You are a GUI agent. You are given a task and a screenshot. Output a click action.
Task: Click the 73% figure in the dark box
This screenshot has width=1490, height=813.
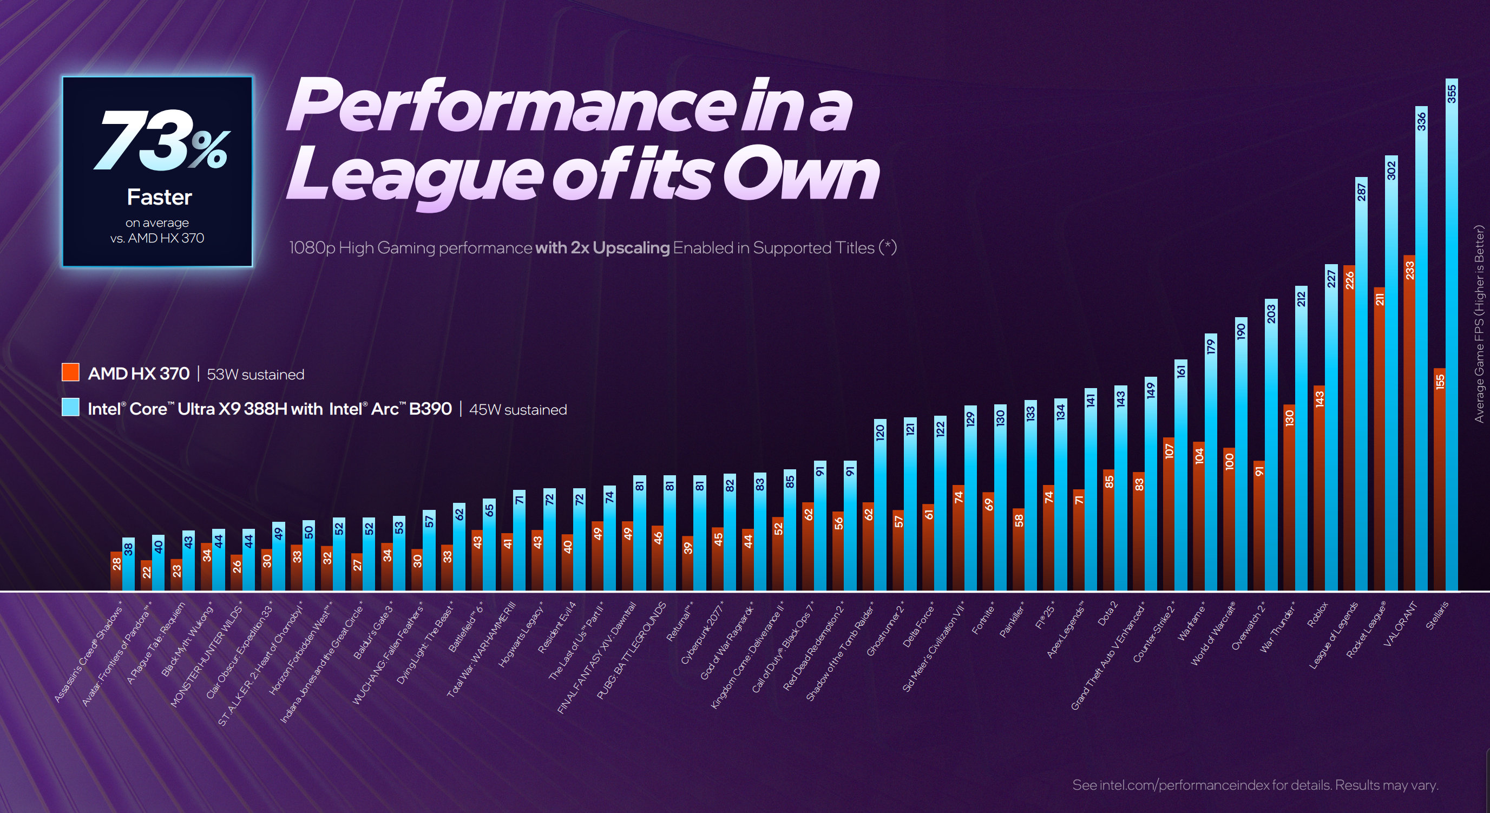pyautogui.click(x=161, y=141)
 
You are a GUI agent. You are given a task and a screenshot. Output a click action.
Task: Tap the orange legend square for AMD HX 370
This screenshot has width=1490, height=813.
pyautogui.click(x=70, y=372)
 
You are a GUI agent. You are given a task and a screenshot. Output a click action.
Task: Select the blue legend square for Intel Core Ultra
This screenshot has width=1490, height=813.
pyautogui.click(x=70, y=408)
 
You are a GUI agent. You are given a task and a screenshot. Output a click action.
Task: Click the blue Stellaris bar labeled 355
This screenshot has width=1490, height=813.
pyautogui.click(x=1451, y=336)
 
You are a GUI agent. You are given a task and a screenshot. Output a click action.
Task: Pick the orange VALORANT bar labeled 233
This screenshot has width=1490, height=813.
pyautogui.click(x=1409, y=422)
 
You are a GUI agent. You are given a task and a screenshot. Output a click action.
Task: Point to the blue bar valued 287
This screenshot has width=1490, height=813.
pyautogui.click(x=1361, y=382)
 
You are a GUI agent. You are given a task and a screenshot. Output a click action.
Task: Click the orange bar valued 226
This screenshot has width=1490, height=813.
pyautogui.click(x=1349, y=428)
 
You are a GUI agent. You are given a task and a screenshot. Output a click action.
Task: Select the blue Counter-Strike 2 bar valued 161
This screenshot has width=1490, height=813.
pyautogui.click(x=1180, y=475)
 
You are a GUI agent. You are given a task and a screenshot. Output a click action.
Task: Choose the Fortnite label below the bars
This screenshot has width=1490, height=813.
pyautogui.click(x=983, y=619)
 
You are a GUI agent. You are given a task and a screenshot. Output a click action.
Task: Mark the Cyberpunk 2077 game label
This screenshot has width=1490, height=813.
pyautogui.click(x=701, y=634)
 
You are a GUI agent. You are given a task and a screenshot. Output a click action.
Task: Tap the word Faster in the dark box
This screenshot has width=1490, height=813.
pyautogui.click(x=159, y=198)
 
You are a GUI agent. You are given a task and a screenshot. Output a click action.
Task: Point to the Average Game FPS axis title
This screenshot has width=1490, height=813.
pyautogui.click(x=1479, y=324)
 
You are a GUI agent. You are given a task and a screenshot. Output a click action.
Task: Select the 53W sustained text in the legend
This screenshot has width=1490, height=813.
pyautogui.click(x=255, y=375)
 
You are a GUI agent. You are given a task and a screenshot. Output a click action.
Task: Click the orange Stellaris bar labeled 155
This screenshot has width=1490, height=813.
pyautogui.click(x=1439, y=480)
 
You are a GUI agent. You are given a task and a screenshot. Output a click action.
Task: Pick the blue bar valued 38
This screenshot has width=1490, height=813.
pyautogui.click(x=128, y=564)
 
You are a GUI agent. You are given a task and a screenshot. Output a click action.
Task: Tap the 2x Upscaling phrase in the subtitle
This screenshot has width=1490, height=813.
pyautogui.click(x=602, y=248)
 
